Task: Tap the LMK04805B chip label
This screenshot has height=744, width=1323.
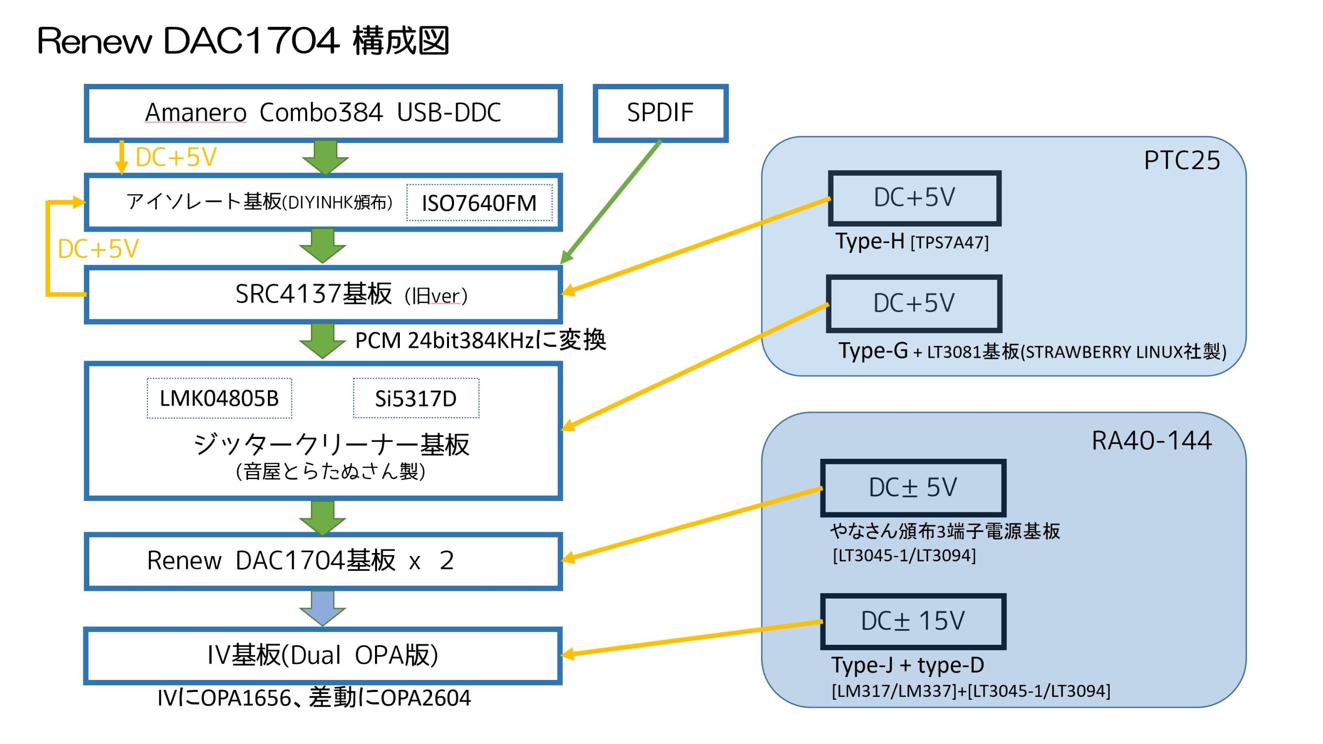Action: coord(219,398)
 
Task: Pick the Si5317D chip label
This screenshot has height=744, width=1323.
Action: coord(416,398)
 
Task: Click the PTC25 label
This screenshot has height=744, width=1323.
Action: coord(1182,161)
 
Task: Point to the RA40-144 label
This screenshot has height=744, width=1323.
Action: coord(1151,440)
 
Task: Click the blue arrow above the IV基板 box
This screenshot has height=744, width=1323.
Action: coord(322,609)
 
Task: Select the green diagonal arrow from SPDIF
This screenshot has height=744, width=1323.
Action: coord(611,202)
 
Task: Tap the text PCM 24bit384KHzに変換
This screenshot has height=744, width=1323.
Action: coord(480,340)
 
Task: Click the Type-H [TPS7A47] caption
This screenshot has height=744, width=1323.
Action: coord(912,242)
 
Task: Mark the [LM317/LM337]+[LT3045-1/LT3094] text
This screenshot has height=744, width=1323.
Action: coord(971,691)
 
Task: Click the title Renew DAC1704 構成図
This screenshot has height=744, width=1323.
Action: coord(244,41)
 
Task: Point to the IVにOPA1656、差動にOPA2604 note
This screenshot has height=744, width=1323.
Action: coord(314,698)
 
